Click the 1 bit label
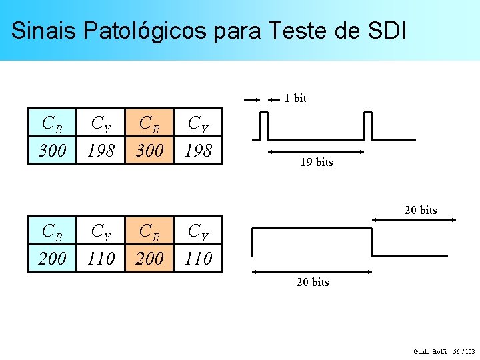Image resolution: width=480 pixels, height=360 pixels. [x=295, y=99]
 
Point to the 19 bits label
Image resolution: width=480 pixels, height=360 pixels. [x=316, y=163]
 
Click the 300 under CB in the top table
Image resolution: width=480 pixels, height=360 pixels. [x=53, y=151]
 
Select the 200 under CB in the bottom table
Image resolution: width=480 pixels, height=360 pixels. [x=53, y=258]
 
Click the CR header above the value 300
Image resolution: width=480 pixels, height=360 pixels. [x=149, y=123]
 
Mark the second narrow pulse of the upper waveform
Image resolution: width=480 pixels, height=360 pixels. [x=367, y=126]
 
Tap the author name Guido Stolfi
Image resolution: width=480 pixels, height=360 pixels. [x=429, y=351]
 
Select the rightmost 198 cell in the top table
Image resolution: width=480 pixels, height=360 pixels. [x=197, y=151]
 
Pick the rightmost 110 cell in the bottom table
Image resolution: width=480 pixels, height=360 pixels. [x=197, y=258]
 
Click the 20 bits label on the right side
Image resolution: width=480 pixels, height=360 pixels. [x=420, y=211]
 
